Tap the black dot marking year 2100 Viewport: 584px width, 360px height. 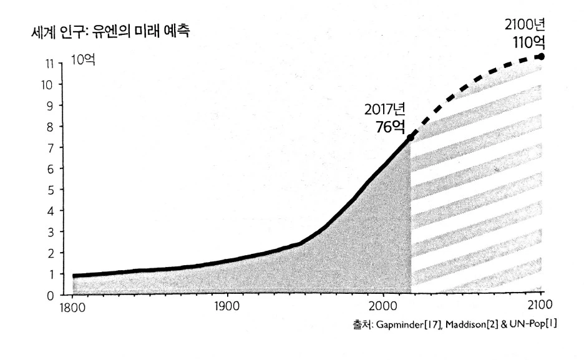click(x=541, y=57)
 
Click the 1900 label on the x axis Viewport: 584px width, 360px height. click(x=226, y=309)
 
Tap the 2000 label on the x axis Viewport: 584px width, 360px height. click(x=381, y=309)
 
